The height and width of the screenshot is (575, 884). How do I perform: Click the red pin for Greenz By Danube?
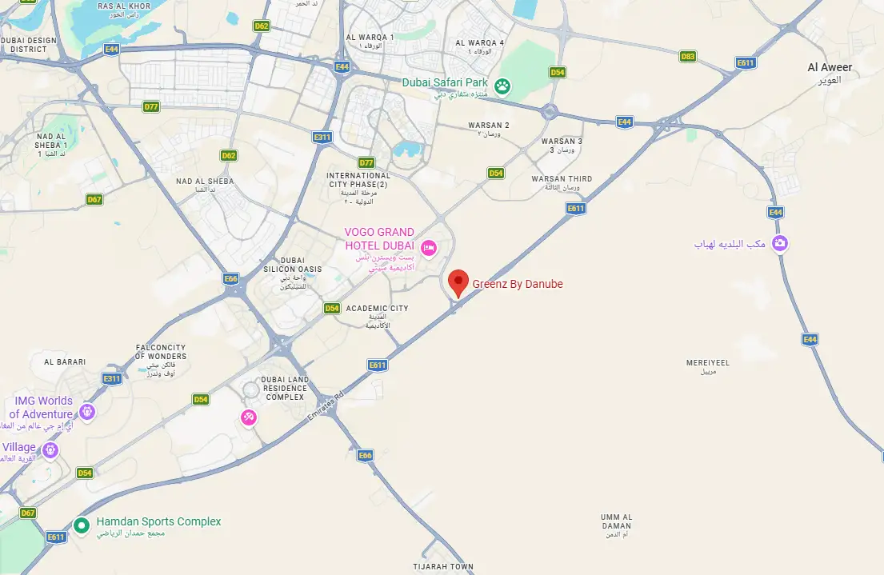[x=458, y=282]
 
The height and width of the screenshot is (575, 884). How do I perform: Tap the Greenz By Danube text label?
[x=518, y=284]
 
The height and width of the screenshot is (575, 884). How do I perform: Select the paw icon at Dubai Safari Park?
[x=502, y=85]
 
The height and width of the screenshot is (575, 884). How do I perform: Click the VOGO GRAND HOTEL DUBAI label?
[x=379, y=238]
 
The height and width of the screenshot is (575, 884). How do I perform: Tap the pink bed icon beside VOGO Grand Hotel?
[x=428, y=248]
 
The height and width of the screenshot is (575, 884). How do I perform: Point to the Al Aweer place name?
[x=830, y=67]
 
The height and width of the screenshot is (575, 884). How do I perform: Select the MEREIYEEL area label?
[x=708, y=362]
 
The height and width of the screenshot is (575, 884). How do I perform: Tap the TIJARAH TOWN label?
[x=443, y=567]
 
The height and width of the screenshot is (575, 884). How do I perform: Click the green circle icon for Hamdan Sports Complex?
[x=81, y=525]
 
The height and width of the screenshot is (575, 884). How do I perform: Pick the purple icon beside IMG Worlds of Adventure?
[x=87, y=413]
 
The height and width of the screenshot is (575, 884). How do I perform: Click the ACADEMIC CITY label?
[x=378, y=308]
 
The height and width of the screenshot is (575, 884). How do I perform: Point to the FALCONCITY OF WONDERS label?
[x=162, y=352]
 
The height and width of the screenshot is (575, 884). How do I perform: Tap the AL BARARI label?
[x=65, y=362]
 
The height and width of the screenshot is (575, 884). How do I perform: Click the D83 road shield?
[x=687, y=56]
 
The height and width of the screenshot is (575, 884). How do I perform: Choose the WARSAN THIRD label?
[x=562, y=179]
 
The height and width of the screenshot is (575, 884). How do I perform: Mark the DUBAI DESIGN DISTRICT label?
[x=29, y=44]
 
